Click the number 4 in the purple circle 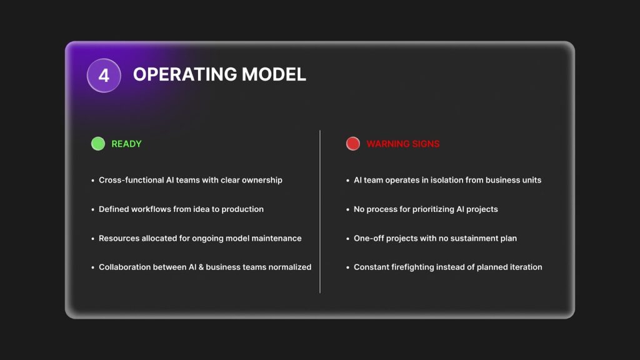pyautogui.click(x=104, y=76)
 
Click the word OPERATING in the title pyautogui.click(x=185, y=74)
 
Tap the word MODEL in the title pyautogui.click(x=274, y=74)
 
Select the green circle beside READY pyautogui.click(x=98, y=144)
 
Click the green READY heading pyautogui.click(x=126, y=144)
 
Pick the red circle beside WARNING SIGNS pyautogui.click(x=353, y=144)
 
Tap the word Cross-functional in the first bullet pyautogui.click(x=131, y=180)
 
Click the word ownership pyautogui.click(x=262, y=181)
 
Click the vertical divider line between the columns pyautogui.click(x=320, y=211)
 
